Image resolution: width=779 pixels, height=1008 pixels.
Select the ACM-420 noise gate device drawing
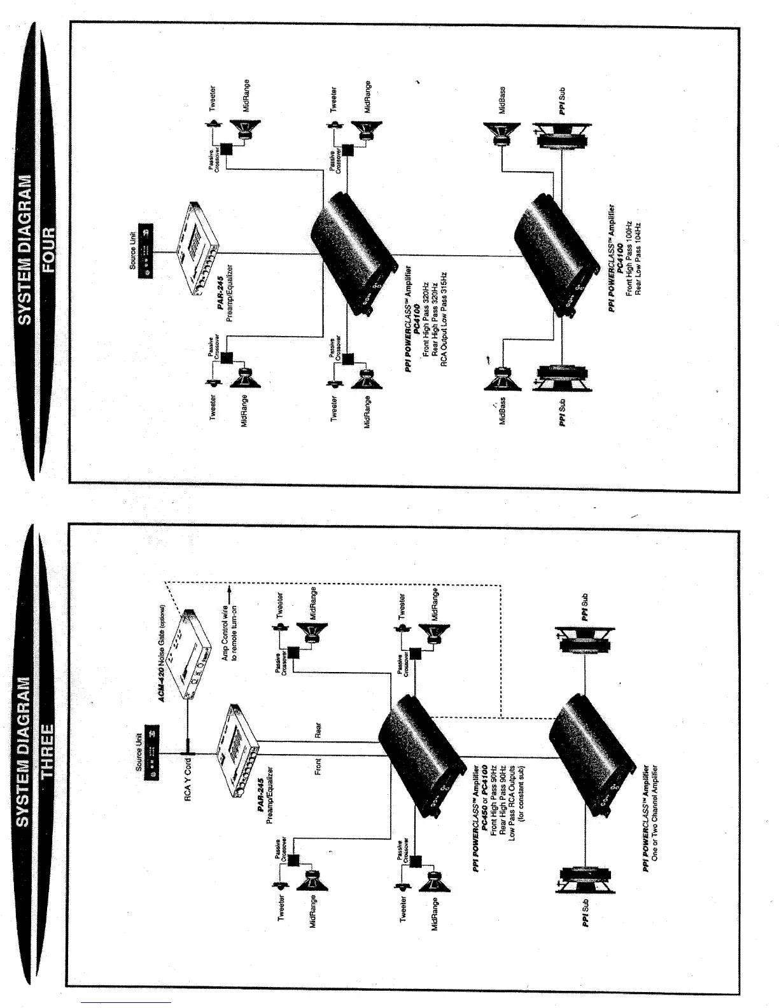(x=194, y=655)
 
